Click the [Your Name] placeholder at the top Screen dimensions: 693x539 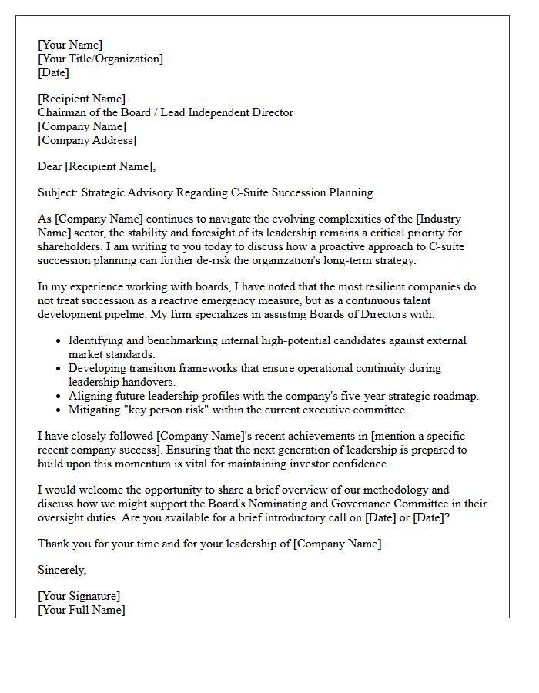[70, 45]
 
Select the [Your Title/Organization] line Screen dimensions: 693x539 [100, 59]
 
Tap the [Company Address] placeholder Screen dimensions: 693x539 [87, 140]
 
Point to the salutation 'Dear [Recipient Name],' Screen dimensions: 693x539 [96, 166]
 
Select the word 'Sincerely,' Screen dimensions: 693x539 [62, 570]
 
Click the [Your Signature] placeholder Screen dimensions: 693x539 [79, 596]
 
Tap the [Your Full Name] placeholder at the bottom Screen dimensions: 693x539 [82, 610]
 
